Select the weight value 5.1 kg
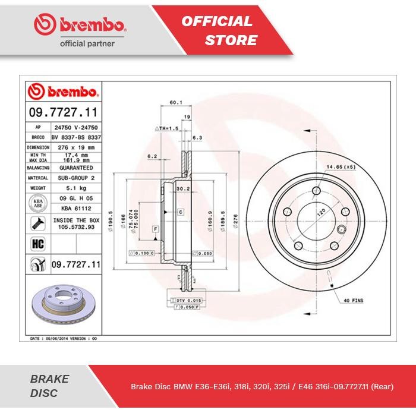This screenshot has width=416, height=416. (74, 188)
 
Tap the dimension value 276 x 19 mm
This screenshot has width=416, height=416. (74, 146)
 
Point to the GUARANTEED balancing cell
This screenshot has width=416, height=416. (74, 168)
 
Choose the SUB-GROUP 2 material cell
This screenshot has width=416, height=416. (74, 178)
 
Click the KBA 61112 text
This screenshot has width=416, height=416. (74, 209)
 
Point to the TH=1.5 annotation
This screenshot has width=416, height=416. (166, 128)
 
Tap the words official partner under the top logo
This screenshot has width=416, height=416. (88, 43)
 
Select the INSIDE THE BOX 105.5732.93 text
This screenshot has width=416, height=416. (74, 223)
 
